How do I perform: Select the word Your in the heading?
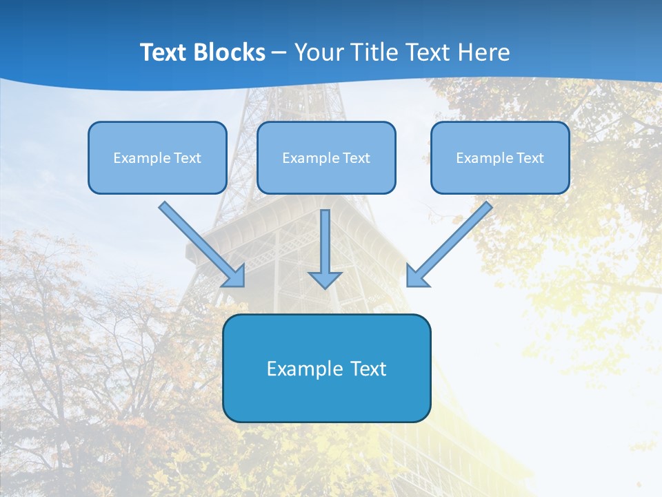pyautogui.click(x=319, y=52)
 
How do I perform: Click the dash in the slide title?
pyautogui.click(x=279, y=53)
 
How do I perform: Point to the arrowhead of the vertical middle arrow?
pyautogui.click(x=325, y=279)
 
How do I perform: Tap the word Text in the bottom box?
pyautogui.click(x=369, y=369)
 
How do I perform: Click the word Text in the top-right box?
pyautogui.click(x=530, y=158)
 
